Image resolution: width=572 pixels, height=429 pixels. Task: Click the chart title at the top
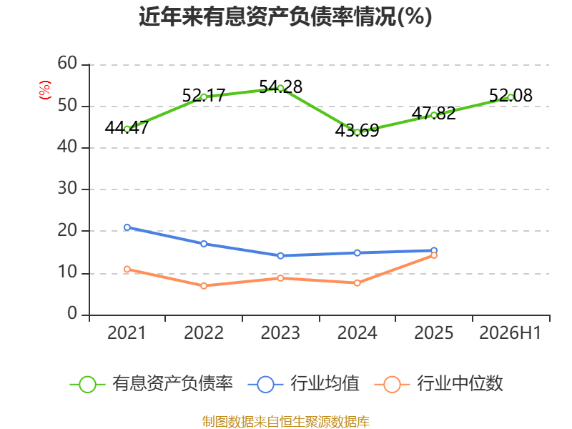(x=285, y=16)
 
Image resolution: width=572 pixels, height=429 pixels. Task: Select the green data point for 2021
(x=127, y=129)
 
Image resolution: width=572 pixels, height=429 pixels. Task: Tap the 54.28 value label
(x=280, y=87)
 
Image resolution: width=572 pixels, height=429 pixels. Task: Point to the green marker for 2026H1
(x=511, y=97)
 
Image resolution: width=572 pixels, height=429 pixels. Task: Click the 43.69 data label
(x=357, y=131)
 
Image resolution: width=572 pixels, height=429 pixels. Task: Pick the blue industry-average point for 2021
(x=127, y=227)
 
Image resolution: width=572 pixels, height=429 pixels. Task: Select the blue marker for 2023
(x=280, y=256)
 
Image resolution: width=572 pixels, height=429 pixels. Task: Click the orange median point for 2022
(x=204, y=285)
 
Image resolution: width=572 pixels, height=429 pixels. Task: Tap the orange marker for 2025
(x=434, y=255)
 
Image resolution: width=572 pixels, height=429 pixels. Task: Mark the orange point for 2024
(x=357, y=282)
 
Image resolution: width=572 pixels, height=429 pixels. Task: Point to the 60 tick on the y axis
(x=67, y=64)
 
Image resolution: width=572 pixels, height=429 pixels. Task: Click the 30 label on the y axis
(x=67, y=189)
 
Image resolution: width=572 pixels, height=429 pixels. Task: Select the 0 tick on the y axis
(x=72, y=314)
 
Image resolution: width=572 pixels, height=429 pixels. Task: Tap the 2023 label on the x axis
(x=280, y=333)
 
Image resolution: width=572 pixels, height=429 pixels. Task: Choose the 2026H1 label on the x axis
(x=511, y=333)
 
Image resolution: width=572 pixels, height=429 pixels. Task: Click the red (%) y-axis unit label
(x=45, y=90)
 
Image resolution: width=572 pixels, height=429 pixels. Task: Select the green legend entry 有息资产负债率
(x=151, y=384)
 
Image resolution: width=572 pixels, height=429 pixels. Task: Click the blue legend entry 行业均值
(x=303, y=384)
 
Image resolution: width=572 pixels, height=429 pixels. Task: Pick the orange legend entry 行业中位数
(x=439, y=384)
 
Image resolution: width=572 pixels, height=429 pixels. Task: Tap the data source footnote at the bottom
(x=286, y=422)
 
